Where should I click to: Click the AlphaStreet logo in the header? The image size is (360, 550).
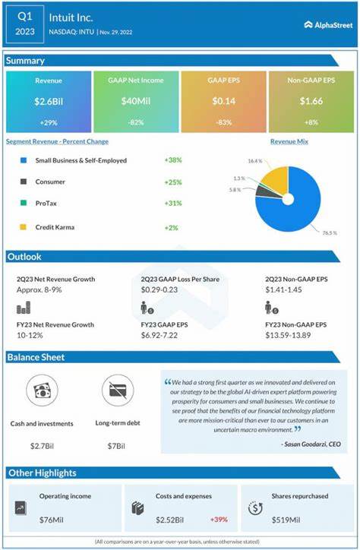click(328, 24)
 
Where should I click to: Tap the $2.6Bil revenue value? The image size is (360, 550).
click(47, 101)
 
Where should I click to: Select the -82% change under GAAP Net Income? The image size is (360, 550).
click(135, 122)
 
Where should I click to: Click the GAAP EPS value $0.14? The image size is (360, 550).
click(223, 101)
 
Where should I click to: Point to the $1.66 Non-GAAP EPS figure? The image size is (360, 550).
click(311, 101)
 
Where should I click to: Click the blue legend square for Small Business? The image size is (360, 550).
click(23, 161)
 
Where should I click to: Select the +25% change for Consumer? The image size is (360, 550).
click(173, 182)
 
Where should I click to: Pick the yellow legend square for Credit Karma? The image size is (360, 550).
click(23, 226)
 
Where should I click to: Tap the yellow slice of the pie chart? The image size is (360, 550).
click(276, 179)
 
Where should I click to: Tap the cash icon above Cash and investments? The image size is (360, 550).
click(42, 390)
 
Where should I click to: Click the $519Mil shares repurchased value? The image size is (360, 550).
click(286, 519)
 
